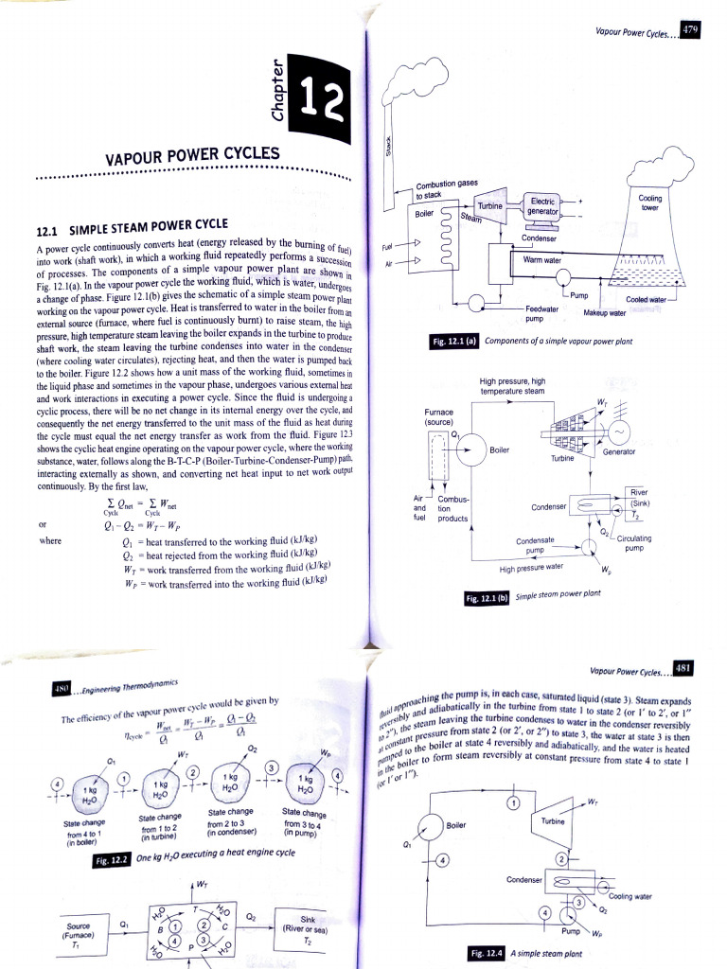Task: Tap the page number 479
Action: [x=691, y=30]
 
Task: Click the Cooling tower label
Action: [x=649, y=203]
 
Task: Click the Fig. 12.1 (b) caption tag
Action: [x=488, y=597]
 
